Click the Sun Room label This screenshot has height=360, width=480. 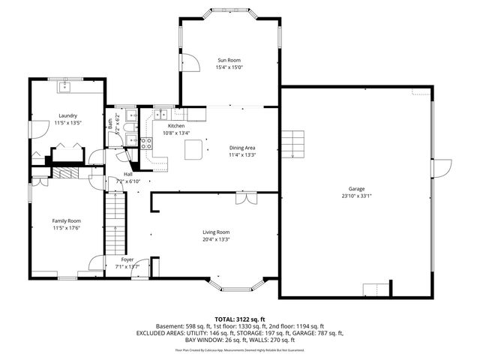point(230,59)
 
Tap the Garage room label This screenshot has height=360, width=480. point(356,189)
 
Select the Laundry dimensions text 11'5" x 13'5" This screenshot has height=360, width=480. point(68,122)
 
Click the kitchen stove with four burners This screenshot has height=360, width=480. point(146,141)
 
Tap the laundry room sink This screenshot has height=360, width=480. point(65,86)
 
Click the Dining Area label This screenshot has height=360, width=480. point(242,148)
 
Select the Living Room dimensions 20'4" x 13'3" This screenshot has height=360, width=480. point(215,240)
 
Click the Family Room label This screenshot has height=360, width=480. point(66,220)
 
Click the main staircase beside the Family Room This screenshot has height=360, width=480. point(112,221)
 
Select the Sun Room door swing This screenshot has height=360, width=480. point(190,63)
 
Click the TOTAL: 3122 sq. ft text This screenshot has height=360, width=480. point(239,319)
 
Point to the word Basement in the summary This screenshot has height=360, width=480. point(170,326)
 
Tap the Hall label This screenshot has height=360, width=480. point(118,174)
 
